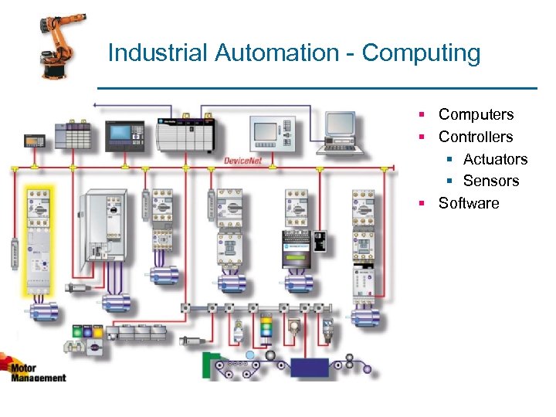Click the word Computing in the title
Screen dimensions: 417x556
(x=421, y=53)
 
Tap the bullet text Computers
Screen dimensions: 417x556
(x=476, y=114)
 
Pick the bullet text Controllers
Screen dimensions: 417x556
(x=475, y=137)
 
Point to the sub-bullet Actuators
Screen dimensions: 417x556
(x=495, y=159)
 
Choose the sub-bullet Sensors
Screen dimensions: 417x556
(x=491, y=181)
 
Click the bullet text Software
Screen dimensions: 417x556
(x=469, y=203)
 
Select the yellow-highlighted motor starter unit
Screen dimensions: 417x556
(x=38, y=239)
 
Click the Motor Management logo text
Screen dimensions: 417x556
(x=39, y=372)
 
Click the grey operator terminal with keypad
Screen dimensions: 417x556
(x=271, y=131)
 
